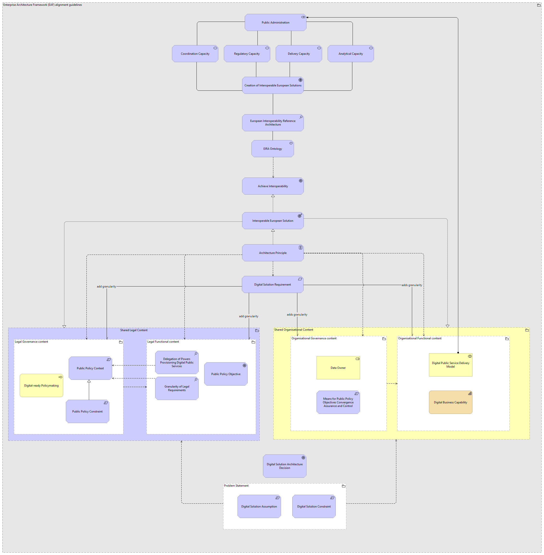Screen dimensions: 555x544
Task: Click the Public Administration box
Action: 275,23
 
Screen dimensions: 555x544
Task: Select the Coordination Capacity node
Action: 195,54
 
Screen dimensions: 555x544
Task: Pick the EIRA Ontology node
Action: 272,149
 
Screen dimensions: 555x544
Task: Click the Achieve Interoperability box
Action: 273,186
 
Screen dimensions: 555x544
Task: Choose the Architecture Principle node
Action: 273,253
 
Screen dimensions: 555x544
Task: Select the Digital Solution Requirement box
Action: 272,285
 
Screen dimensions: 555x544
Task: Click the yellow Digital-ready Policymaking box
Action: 41,386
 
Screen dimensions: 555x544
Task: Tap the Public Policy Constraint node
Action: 87,412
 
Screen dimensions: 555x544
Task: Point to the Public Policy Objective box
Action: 226,374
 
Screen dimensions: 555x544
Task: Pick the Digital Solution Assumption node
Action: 259,507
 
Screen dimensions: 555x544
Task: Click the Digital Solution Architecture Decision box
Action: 285,466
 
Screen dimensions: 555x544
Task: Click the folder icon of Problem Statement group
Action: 343,486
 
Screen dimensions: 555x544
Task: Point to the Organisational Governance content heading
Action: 314,339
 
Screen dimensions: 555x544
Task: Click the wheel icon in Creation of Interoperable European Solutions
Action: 300,80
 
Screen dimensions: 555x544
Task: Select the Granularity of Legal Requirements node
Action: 177,388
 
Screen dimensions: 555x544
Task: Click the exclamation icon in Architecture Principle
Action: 300,248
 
